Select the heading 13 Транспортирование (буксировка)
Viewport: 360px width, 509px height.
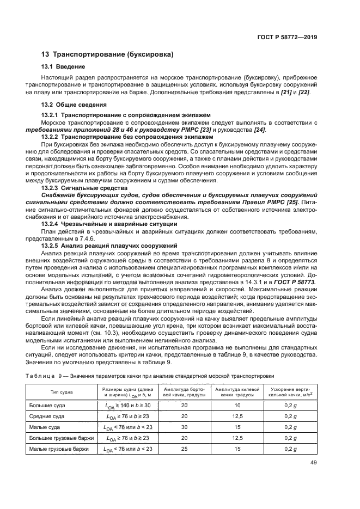coord(108,54)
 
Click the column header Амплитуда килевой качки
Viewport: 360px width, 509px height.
coord(237,392)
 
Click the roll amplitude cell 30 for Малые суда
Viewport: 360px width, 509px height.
coord(184,427)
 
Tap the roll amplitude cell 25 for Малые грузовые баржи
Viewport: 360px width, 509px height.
coord(184,449)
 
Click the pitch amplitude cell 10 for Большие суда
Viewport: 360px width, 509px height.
coord(237,406)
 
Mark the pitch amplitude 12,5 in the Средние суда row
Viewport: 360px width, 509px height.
coord(237,416)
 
